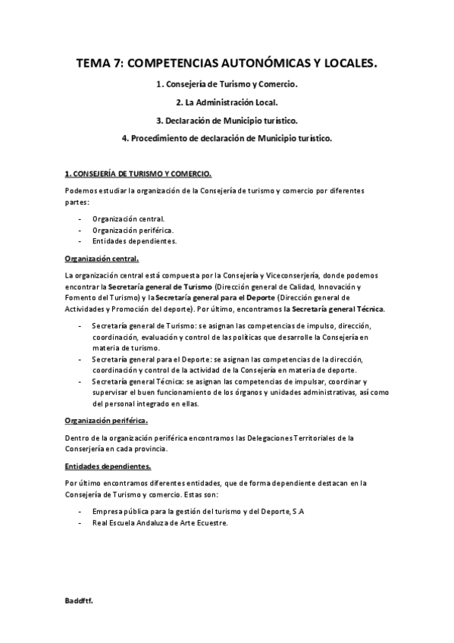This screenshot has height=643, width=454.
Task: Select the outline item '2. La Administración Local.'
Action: (x=227, y=102)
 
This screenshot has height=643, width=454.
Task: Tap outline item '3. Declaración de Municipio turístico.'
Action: (x=227, y=121)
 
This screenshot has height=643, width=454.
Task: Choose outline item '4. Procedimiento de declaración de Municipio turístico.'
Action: (x=227, y=139)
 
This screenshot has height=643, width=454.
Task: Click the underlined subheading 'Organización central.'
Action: (x=102, y=259)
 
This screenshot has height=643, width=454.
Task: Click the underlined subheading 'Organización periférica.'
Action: (x=106, y=421)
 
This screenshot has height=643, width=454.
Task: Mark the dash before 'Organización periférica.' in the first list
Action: (x=80, y=230)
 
